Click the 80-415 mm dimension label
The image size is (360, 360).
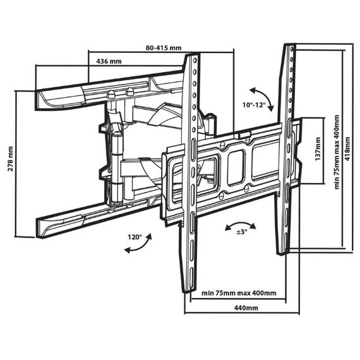coord(164,48)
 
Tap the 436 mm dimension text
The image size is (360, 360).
coord(109,61)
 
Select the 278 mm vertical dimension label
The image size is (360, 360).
coord(10,159)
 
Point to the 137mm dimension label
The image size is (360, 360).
coord(318,149)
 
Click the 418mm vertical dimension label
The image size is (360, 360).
coord(348,149)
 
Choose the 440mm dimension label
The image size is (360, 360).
coord(246,308)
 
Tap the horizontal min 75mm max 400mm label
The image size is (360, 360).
coord(239,293)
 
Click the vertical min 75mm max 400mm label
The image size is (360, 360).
coord(337,152)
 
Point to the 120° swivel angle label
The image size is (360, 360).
coord(135,237)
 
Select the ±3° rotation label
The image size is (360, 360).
coord(242,232)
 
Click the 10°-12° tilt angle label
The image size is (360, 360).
coord(254,105)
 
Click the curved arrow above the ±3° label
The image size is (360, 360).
coord(241,223)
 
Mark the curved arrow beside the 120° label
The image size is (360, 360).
coord(142,246)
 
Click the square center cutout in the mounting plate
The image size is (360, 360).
coord(236,167)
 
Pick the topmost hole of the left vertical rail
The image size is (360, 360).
coord(195,61)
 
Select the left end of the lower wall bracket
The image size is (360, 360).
coord(38,228)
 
